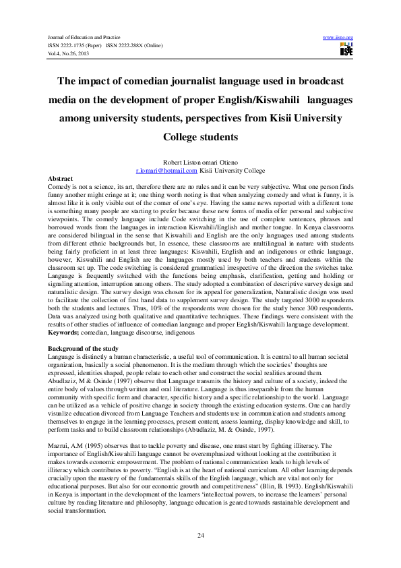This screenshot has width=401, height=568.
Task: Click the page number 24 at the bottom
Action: [x=201, y=535]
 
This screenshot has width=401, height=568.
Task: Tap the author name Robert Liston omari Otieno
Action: [x=200, y=164]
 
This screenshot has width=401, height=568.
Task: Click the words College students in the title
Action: [x=200, y=137]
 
